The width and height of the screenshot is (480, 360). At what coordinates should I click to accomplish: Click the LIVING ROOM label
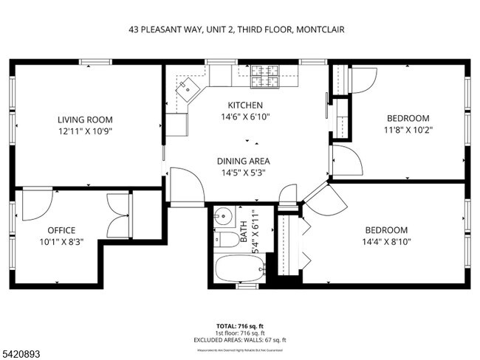[x=85, y=120]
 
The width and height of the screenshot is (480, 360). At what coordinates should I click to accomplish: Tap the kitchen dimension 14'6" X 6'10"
[x=244, y=117]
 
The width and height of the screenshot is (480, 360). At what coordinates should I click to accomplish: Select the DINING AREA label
[x=243, y=161]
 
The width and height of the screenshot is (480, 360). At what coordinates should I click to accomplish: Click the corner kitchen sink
[x=188, y=89]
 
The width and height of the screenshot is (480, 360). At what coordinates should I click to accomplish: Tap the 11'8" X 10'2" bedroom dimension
[x=408, y=130]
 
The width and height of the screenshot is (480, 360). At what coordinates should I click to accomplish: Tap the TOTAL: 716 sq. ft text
[x=239, y=325]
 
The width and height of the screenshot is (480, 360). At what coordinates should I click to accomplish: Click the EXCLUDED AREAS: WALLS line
[x=239, y=339]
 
